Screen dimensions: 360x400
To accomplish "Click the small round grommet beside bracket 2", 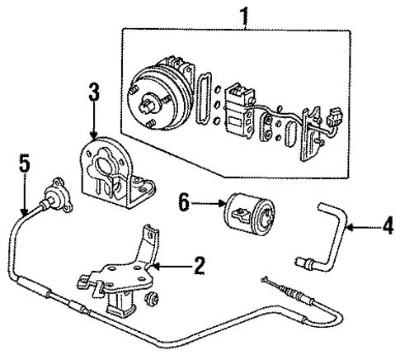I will coord(151,296).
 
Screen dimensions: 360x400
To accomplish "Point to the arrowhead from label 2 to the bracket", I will coord(157,266).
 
